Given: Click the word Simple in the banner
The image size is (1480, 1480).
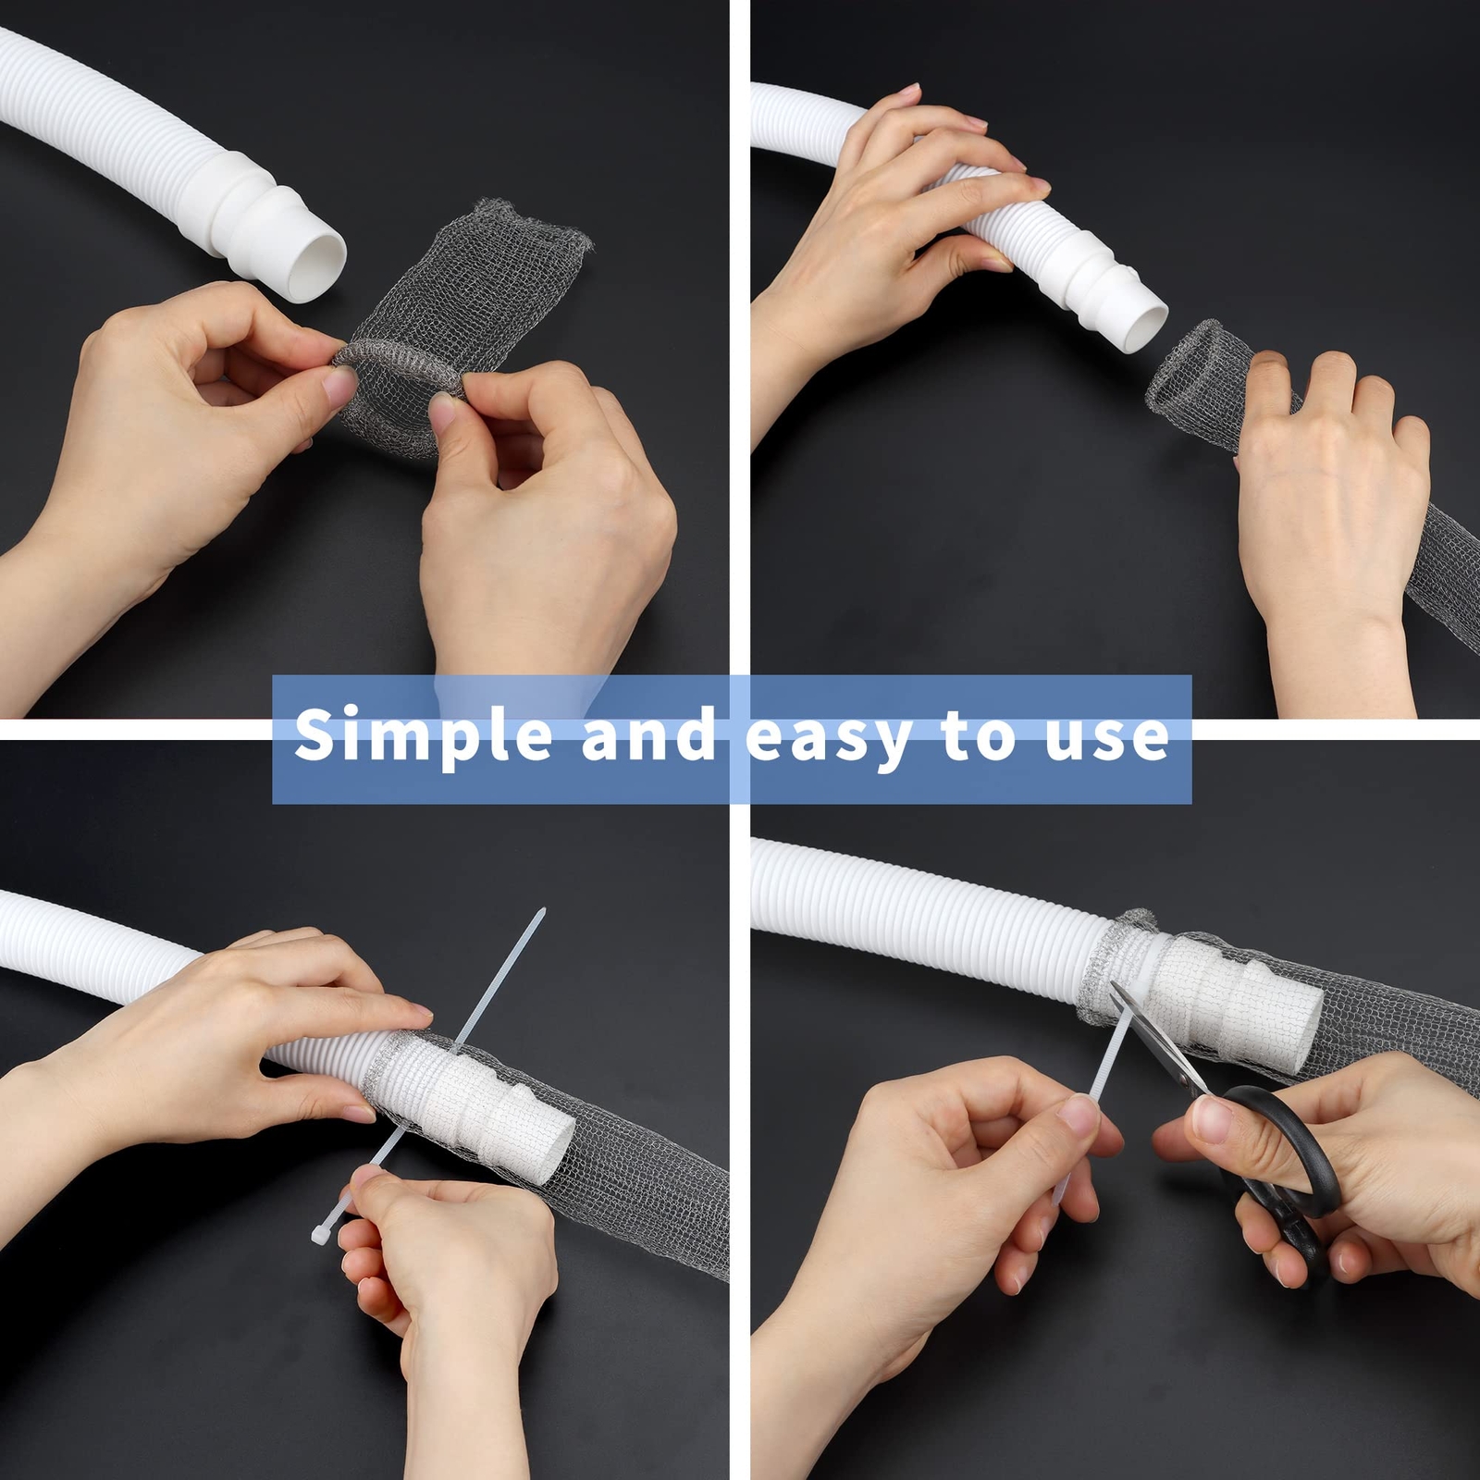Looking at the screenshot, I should point(423,735).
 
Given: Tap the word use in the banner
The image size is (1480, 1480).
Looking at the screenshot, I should point(1106,737).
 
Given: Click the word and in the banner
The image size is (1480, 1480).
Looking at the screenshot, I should point(648,735).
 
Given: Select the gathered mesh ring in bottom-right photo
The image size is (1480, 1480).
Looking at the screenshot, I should point(1110,967).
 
